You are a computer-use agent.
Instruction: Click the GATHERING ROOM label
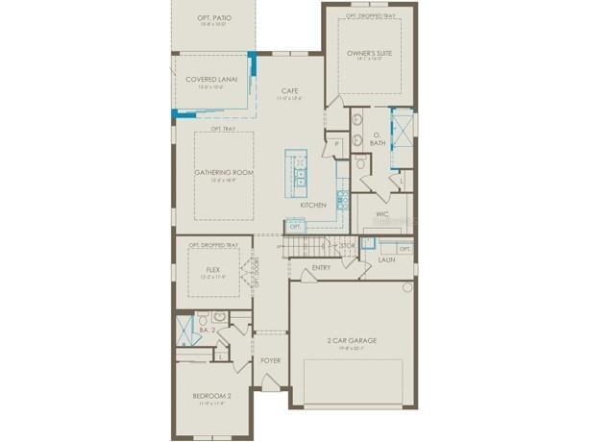click(224, 172)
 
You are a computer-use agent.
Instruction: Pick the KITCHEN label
click(312, 205)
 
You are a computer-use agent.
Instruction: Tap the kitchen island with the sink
click(297, 169)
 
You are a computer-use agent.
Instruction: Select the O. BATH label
click(378, 140)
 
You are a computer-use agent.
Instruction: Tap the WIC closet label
click(381, 214)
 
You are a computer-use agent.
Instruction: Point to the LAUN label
click(387, 259)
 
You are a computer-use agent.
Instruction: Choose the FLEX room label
click(212, 271)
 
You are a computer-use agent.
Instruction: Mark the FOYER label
click(271, 360)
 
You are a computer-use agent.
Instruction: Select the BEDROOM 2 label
click(212, 395)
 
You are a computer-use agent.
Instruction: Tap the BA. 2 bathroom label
click(205, 330)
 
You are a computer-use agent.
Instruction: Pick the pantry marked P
click(336, 144)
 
